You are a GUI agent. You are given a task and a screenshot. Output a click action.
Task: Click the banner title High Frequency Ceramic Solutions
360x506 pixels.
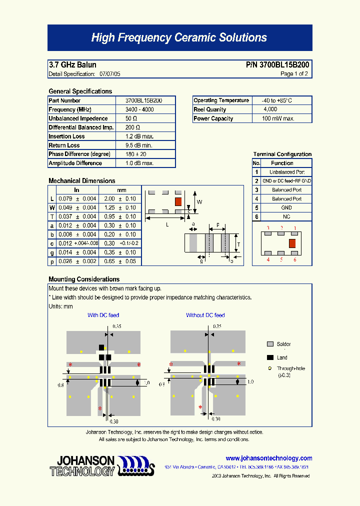click(179, 38)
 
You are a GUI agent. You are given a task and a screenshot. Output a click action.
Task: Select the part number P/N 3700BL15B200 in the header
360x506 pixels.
click(277, 65)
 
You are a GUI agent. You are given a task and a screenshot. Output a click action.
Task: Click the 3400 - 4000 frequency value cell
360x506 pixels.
click(139, 109)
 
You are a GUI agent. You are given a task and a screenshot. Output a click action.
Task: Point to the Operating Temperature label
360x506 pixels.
click(221, 100)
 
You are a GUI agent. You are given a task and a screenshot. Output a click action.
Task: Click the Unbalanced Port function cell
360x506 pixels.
click(286, 172)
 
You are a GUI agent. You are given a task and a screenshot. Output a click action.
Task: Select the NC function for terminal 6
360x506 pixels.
click(286, 216)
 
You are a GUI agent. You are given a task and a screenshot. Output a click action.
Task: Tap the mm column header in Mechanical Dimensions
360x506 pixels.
click(121, 190)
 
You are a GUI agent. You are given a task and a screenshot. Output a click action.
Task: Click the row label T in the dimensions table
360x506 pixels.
click(52, 216)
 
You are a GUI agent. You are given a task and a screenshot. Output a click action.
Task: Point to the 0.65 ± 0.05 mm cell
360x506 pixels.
click(120, 261)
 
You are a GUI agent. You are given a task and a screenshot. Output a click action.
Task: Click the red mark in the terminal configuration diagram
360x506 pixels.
click(292, 243)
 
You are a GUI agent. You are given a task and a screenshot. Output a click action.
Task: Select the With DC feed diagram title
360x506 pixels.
click(103, 315)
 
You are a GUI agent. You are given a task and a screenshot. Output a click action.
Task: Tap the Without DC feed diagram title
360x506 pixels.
click(205, 315)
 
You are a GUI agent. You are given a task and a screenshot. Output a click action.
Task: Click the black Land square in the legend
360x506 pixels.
click(270, 357)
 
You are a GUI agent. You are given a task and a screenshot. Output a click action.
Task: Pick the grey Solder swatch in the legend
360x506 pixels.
click(270, 344)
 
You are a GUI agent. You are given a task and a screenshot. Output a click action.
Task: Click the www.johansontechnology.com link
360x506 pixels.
click(268, 458)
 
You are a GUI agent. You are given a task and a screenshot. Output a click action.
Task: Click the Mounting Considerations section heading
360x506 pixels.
click(84, 279)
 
